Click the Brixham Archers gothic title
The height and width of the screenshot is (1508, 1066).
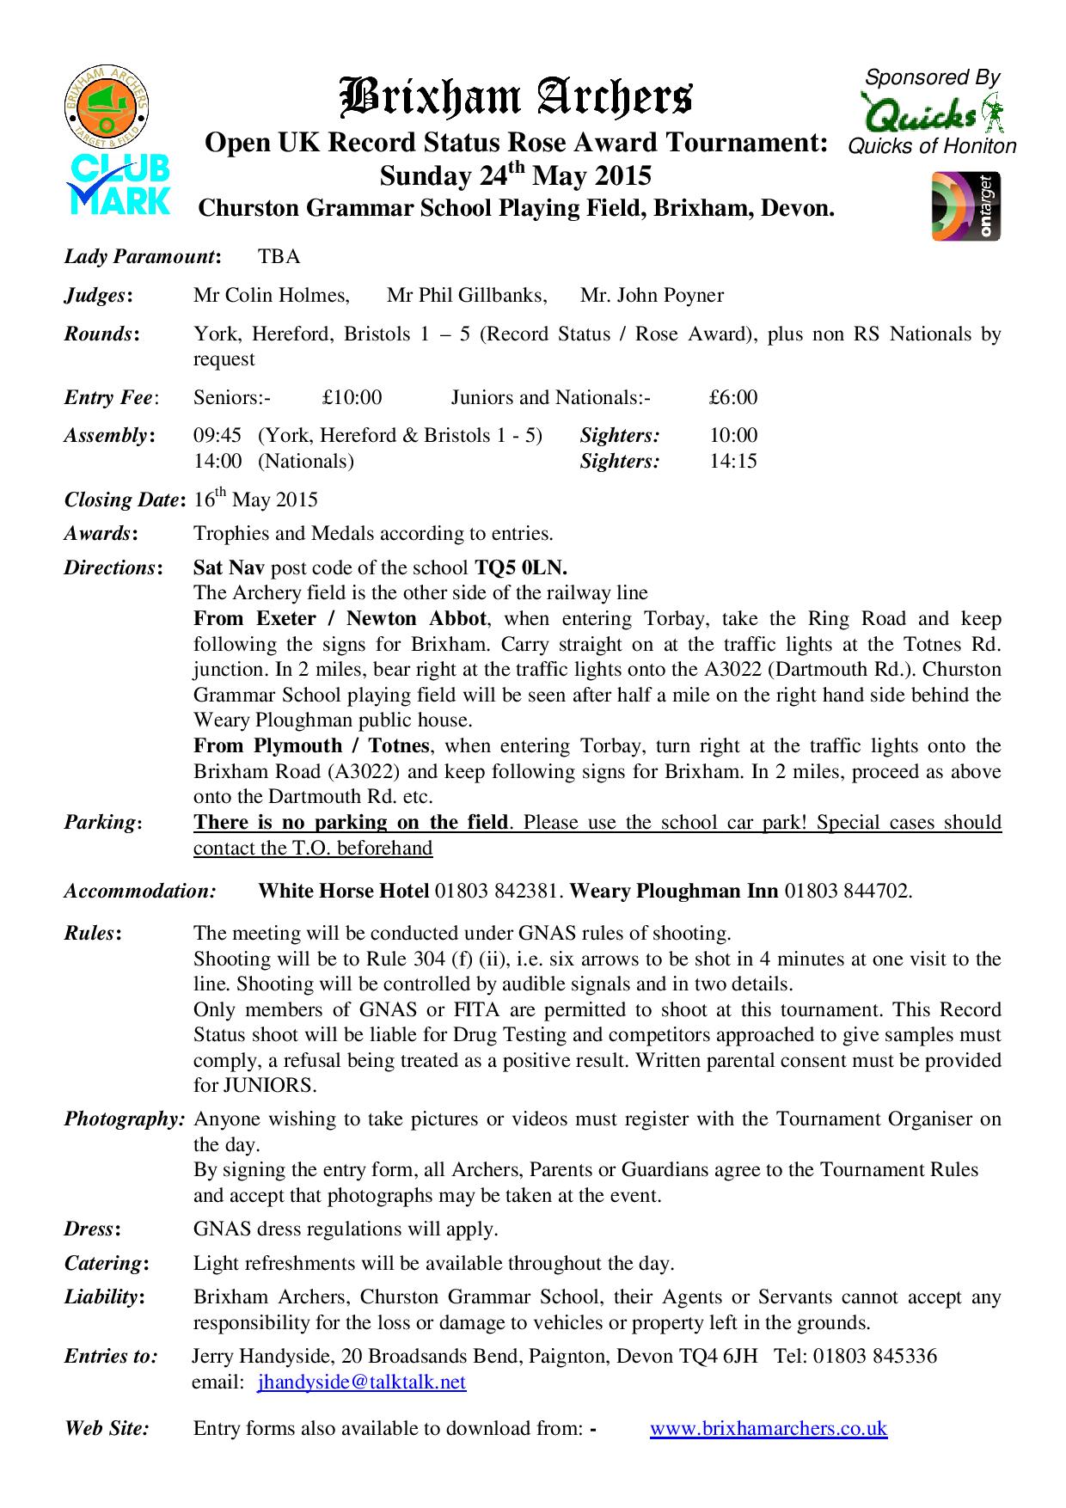click(516, 97)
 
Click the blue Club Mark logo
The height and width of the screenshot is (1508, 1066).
click(119, 184)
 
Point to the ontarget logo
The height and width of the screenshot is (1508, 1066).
click(966, 206)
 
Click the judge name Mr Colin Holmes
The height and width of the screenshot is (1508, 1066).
click(271, 296)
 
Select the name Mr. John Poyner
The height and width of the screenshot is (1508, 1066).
click(652, 296)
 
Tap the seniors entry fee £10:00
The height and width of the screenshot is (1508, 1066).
click(352, 397)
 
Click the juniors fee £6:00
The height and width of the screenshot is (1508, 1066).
click(733, 397)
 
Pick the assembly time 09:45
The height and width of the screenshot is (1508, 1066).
click(217, 435)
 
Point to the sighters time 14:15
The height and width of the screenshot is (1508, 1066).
click(733, 461)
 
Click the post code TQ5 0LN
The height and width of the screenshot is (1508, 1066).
click(520, 567)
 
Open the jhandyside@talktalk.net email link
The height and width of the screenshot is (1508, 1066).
click(362, 1382)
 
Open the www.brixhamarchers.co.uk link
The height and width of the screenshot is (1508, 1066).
click(768, 1428)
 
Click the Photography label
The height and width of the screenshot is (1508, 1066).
click(125, 1119)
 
